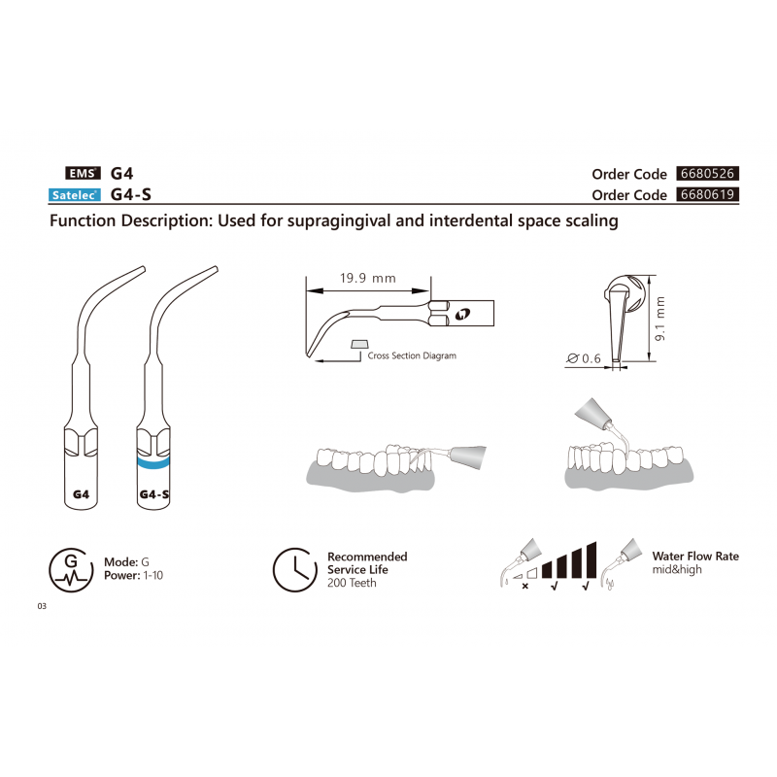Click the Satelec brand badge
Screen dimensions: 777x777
(74, 195)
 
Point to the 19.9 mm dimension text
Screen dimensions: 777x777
(367, 279)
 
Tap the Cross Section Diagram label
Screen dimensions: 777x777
(412, 356)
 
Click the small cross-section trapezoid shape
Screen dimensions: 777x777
(359, 343)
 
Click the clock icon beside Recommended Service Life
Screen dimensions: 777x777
(292, 570)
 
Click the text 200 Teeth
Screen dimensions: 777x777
(352, 583)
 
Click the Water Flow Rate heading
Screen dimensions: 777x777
(695, 557)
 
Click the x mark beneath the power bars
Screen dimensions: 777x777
(525, 587)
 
